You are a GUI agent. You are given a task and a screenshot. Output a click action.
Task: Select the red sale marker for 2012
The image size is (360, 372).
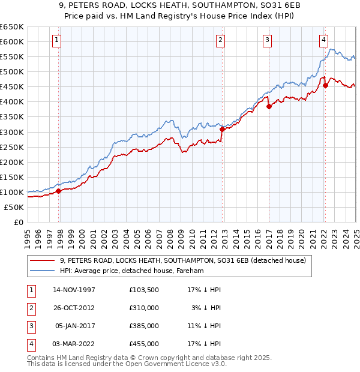pos(222,128)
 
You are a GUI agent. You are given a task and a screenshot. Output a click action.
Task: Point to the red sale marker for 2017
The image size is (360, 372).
pos(268,106)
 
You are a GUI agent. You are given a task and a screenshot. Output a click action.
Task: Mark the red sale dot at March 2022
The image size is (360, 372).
pos(325,85)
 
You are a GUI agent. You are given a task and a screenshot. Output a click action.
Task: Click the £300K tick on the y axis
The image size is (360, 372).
pos(12,132)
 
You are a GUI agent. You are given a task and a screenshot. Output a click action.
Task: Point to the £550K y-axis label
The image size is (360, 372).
pos(12,56)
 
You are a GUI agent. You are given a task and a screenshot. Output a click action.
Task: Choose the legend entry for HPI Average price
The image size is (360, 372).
pos(132,271)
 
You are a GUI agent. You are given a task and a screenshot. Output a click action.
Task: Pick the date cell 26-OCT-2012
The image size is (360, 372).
pos(74,308)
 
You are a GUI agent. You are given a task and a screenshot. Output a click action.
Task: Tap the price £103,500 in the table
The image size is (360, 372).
pos(144,290)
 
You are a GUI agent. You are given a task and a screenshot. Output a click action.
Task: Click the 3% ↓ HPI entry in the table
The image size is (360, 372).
pos(207,308)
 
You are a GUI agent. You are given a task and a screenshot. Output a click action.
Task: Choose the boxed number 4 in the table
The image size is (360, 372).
pos(29,344)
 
